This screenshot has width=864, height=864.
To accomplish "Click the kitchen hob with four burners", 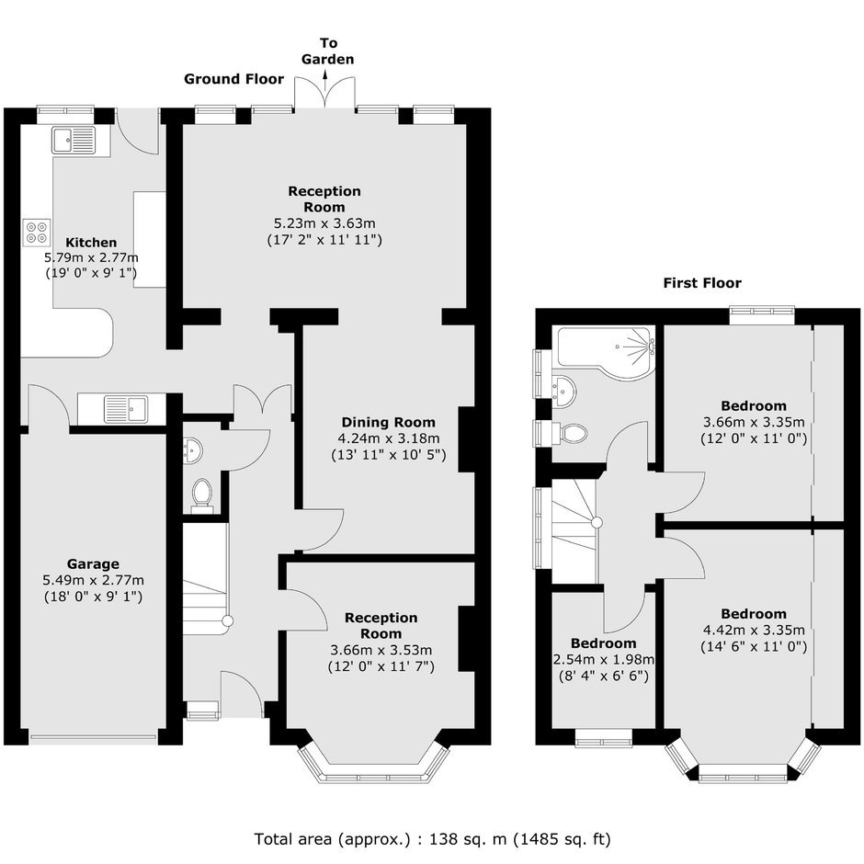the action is coord(37,232).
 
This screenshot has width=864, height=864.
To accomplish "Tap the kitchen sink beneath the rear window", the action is coord(74,140).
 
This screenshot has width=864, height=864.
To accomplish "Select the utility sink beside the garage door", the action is coord(126,409).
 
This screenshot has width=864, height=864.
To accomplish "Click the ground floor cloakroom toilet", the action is coord(201,494).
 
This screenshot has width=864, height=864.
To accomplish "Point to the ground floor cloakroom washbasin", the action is coord(192,450).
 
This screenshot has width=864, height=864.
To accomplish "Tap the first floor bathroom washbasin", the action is coord(563,391).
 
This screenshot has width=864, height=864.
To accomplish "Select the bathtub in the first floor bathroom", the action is coord(606,351).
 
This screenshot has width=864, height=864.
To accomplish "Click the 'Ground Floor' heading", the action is coord(233,79).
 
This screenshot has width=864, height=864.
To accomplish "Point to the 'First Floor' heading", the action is coord(702,283).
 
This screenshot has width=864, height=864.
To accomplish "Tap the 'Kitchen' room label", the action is coord(91,243).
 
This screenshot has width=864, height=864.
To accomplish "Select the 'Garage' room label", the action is coord(93,563).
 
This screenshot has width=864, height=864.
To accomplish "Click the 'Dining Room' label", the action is coord(389,422).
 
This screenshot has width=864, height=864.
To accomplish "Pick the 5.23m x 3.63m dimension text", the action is coord(324,223).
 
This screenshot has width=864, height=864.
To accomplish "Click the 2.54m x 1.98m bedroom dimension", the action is coord(603,659).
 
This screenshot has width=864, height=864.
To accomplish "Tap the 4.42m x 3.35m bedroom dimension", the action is coord(754,630).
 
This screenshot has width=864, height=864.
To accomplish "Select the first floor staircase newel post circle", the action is coord(597,522).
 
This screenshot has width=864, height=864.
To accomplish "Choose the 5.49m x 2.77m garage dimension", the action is coord(93,580).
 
